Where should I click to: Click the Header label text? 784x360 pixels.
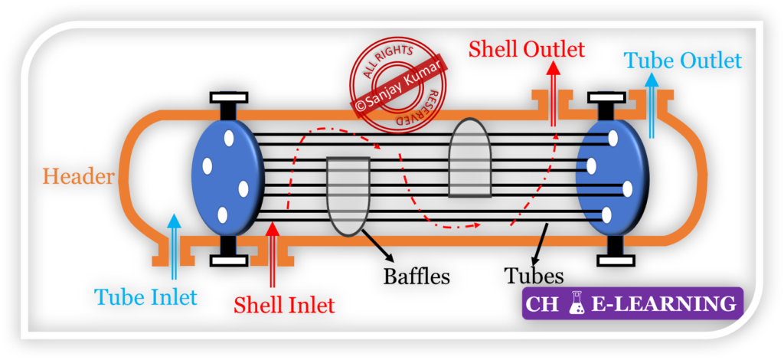[78, 177]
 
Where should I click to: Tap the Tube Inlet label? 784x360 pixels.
[145, 296]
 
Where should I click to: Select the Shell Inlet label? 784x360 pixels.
[284, 305]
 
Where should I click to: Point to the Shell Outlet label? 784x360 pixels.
[527, 51]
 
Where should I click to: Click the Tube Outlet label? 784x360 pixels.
[683, 60]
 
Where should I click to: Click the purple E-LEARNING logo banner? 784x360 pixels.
[633, 303]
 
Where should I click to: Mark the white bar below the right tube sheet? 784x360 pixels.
[616, 260]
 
